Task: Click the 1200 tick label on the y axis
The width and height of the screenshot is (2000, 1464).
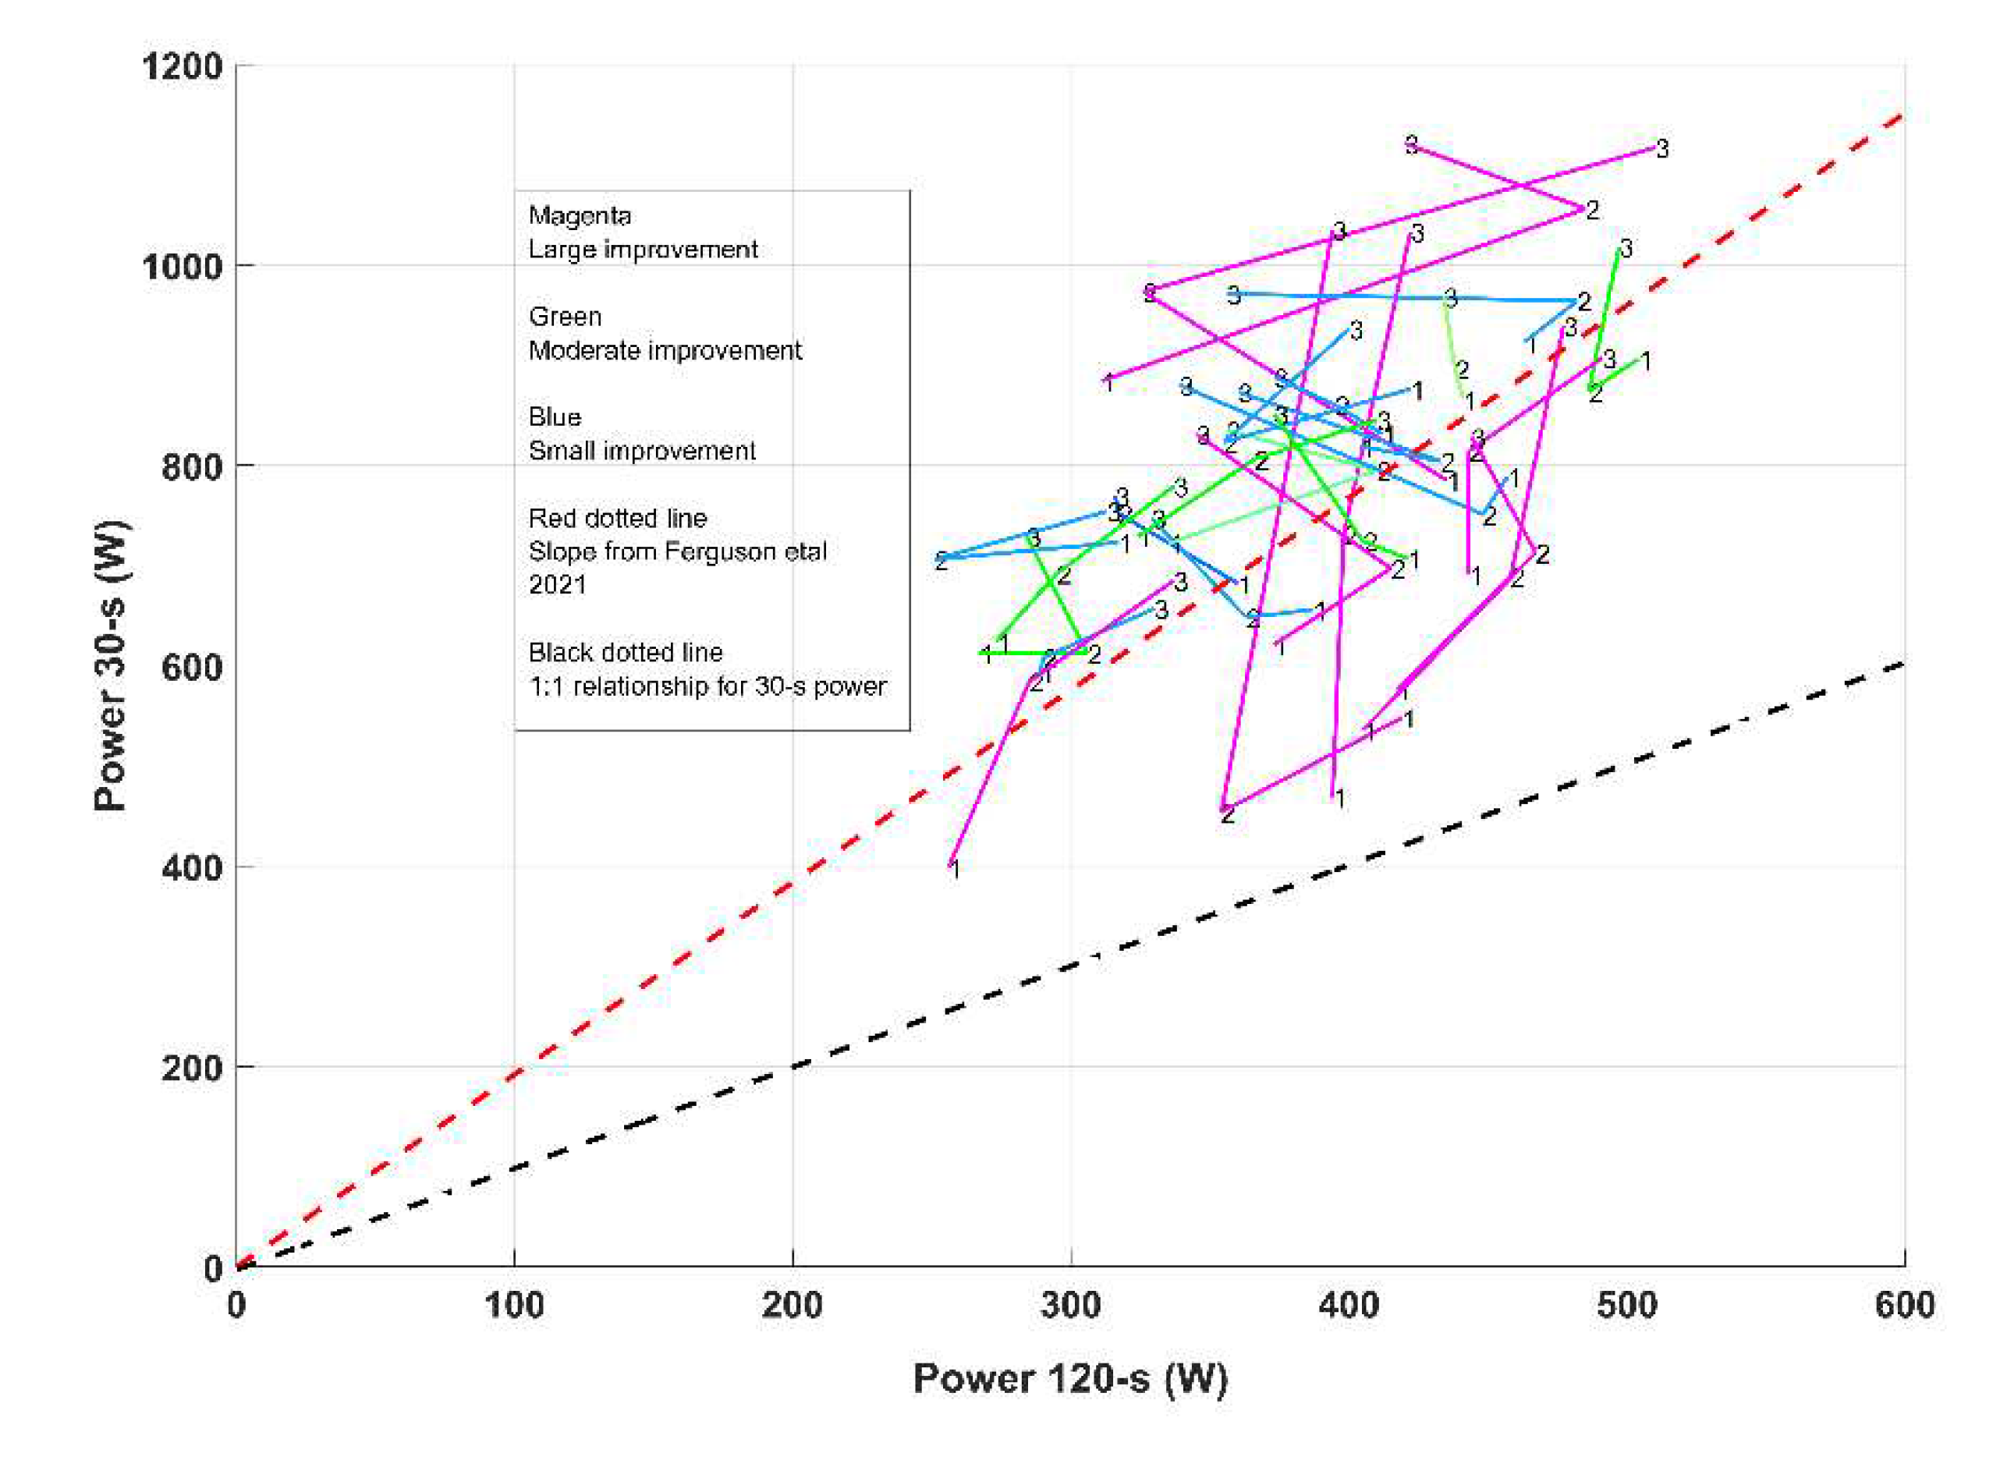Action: click(x=182, y=66)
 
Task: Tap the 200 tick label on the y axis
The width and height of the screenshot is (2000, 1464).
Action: click(x=191, y=1068)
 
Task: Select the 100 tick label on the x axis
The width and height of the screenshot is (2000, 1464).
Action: click(x=514, y=1306)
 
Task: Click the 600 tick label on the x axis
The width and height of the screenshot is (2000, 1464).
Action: click(x=1903, y=1306)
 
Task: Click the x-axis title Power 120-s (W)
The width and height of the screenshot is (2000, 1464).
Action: click(x=1069, y=1379)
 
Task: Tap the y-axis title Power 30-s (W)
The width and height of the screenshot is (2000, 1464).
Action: click(x=111, y=665)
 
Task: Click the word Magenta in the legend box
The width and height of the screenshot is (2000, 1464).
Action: click(x=580, y=215)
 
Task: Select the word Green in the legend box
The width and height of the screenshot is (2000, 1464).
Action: click(x=565, y=317)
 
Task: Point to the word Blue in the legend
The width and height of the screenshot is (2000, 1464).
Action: click(x=555, y=417)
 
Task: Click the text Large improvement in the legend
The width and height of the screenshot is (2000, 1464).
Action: click(x=643, y=249)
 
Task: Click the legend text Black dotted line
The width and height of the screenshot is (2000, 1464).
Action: click(x=625, y=652)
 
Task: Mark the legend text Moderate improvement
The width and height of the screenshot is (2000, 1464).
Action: click(x=665, y=350)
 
